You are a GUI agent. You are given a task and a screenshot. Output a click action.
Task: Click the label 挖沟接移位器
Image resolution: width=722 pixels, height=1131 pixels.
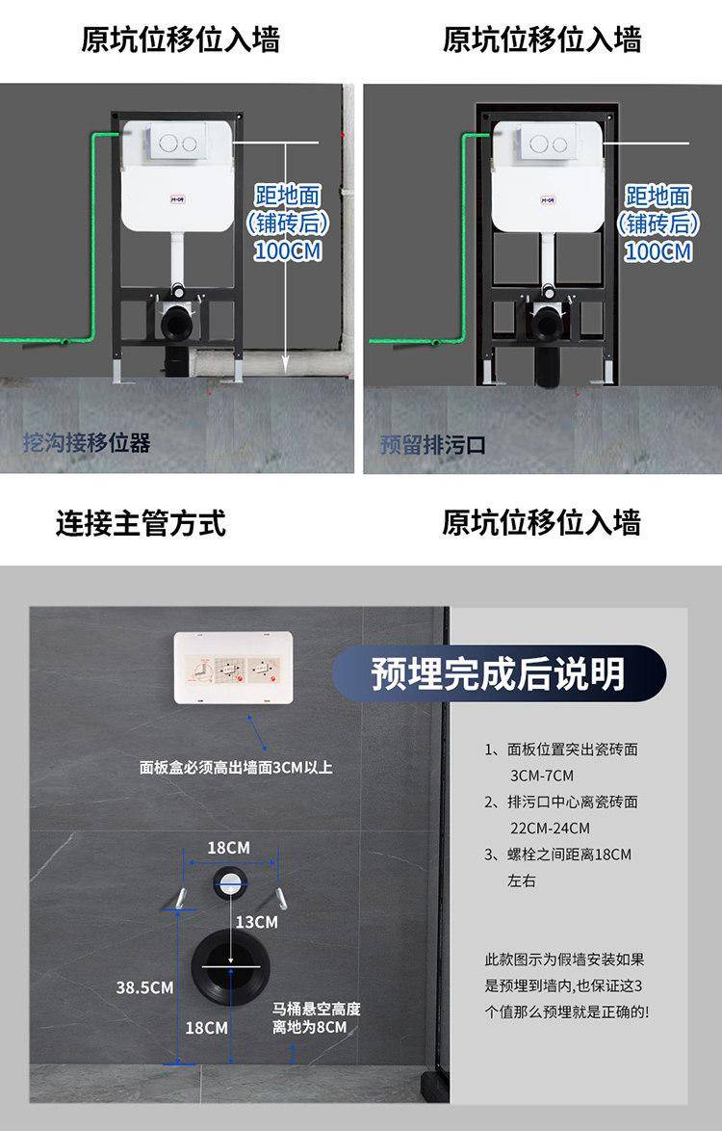(x=87, y=442)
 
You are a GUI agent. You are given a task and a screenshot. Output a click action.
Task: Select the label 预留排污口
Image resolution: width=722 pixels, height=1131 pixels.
(x=432, y=444)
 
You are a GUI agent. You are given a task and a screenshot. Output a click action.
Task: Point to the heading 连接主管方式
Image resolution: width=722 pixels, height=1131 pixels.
(x=142, y=523)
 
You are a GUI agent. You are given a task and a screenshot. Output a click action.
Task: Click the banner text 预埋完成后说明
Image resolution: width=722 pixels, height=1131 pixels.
(x=498, y=673)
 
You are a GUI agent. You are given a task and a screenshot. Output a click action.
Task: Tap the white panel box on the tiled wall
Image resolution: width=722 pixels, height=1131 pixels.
(x=234, y=668)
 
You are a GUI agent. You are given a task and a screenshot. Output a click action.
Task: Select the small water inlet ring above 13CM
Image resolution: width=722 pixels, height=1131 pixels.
(x=230, y=883)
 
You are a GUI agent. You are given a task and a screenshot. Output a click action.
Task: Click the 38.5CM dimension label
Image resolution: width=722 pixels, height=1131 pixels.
(x=144, y=987)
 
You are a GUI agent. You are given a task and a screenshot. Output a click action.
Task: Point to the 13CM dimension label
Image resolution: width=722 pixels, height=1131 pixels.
(x=256, y=922)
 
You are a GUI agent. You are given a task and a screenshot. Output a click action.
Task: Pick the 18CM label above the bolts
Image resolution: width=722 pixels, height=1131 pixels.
(x=228, y=848)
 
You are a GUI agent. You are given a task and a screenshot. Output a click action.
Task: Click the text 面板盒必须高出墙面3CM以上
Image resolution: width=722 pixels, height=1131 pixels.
(x=237, y=768)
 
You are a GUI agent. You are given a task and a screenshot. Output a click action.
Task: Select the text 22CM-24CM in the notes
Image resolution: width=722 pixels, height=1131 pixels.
(x=550, y=829)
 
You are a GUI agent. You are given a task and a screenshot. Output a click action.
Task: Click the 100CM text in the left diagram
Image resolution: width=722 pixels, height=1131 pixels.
(x=288, y=251)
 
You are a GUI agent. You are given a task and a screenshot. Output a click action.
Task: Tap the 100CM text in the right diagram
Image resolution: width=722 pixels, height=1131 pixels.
(x=658, y=251)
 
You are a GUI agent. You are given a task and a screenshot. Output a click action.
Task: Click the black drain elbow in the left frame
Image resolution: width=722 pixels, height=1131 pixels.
(x=176, y=322)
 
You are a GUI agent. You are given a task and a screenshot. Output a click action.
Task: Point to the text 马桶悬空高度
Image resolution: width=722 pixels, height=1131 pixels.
(x=317, y=1009)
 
